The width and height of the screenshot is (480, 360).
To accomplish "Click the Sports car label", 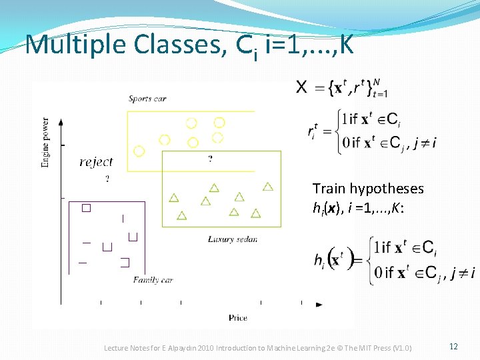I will pos(147,99).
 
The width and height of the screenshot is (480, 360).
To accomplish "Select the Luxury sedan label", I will pos(232,239).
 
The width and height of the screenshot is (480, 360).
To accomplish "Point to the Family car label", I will pos(153,280).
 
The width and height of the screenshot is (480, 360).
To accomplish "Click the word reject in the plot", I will pos(96,162).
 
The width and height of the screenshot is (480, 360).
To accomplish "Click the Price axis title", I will pos(237,318).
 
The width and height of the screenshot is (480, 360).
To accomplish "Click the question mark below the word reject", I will pos(107,179).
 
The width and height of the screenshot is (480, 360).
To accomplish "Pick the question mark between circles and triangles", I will pos(211,159).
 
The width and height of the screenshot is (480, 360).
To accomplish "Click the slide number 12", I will pos(453,347).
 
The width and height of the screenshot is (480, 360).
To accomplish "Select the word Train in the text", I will pos(329,189).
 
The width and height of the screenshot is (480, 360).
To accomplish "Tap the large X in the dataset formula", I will pos(301,87).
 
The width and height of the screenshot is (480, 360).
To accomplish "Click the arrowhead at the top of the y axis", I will pos(61,123).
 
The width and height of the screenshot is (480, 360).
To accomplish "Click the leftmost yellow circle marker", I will pos(139,151).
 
